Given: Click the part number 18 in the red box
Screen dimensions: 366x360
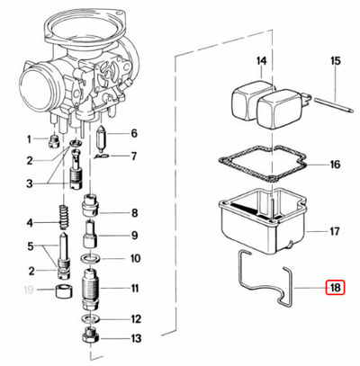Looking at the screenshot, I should point(334,289).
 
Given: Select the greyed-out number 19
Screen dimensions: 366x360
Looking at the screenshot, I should point(29,290).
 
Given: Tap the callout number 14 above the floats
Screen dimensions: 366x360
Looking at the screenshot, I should point(261,61).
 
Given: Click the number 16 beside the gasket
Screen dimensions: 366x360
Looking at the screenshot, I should point(334,165).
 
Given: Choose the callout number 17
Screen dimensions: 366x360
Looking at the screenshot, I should point(334,231).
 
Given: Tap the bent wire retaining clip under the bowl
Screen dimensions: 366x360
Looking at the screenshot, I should point(262,289).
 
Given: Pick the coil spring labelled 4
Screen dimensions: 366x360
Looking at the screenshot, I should point(65,221).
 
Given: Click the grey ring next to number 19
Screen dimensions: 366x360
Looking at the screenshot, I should point(64,291).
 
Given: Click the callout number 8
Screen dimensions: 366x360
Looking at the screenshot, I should point(134,214).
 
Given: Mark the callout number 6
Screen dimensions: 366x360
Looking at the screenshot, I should point(134,134).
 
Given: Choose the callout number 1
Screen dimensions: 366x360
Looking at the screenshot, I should point(29,138).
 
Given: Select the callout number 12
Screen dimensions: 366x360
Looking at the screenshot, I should point(134,318).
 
